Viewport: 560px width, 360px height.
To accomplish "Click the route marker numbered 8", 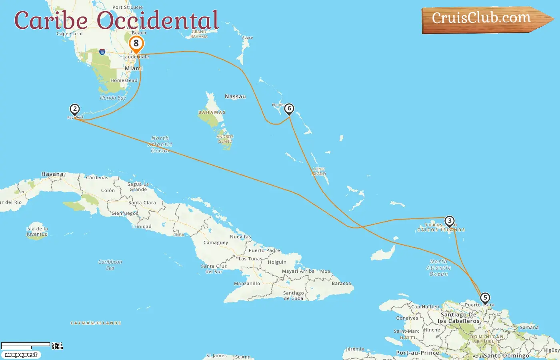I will [x=136, y=44].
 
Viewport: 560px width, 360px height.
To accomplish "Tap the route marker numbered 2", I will [x=74, y=109].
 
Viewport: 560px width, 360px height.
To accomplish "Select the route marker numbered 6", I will [x=289, y=109].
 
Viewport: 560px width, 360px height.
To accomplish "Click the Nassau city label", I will [x=235, y=97].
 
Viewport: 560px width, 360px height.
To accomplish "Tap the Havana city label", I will [x=53, y=174].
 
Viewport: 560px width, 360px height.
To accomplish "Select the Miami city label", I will [x=134, y=68].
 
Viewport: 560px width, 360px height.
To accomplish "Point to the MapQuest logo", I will [x=21, y=355].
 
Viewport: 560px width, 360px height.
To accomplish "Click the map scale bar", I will [x=26, y=345].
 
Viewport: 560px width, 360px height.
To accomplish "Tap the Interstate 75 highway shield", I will [x=102, y=52].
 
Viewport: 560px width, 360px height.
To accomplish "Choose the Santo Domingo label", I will [x=506, y=356].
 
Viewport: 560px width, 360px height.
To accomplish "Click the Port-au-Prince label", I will [x=418, y=353].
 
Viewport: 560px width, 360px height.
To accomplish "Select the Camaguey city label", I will [x=216, y=243].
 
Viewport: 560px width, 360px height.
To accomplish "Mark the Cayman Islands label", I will [x=96, y=323].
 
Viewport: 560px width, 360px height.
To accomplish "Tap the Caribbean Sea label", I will [x=110, y=265].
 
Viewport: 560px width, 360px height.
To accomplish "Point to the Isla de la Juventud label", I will [x=37, y=232].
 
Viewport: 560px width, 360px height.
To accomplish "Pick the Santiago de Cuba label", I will [x=294, y=296].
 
